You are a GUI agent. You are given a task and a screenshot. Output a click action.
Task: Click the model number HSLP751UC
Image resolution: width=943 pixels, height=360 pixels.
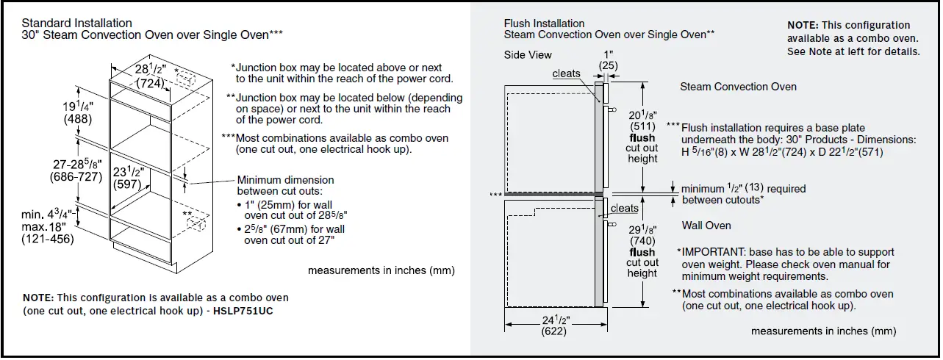click(x=247, y=311)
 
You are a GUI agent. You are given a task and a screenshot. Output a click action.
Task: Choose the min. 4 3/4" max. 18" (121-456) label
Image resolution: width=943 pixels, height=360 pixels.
click(x=48, y=226)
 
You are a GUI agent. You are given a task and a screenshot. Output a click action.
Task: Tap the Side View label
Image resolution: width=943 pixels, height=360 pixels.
click(x=528, y=55)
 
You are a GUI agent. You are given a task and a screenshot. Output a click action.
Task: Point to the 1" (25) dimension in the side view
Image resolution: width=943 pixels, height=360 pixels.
click(x=608, y=60)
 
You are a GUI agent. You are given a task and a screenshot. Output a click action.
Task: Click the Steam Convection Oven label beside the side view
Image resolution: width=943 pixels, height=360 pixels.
click(x=738, y=87)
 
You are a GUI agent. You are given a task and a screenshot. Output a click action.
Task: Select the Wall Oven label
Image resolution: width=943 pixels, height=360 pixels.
click(x=706, y=226)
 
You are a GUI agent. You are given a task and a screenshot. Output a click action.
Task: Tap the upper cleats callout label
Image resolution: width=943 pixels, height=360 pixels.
click(x=566, y=73)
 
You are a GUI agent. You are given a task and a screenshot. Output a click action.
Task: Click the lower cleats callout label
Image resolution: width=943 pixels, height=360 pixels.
click(x=625, y=208)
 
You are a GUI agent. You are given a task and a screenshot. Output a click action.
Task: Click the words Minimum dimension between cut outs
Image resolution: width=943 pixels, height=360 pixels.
click(x=285, y=185)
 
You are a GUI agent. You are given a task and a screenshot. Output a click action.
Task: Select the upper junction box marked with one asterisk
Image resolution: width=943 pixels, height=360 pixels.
click(x=185, y=78)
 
